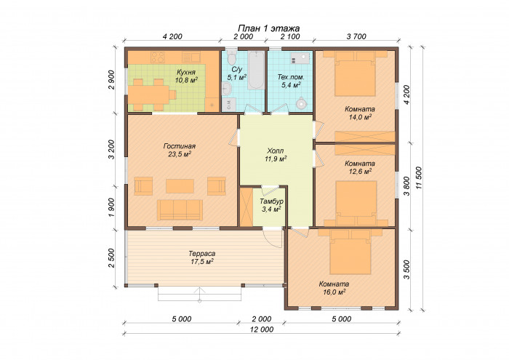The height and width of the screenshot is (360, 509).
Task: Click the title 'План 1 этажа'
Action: pyautogui.click(x=269, y=28)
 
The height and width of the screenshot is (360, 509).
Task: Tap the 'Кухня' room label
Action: pyautogui.click(x=186, y=72)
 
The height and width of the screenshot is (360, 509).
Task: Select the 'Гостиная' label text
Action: pyautogui.click(x=180, y=146)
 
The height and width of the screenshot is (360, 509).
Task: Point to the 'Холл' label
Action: pyautogui.click(x=276, y=151)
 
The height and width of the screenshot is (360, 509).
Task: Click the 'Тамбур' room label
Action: pyautogui.click(x=271, y=201)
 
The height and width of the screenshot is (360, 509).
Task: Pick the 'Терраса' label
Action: pyautogui.click(x=202, y=254)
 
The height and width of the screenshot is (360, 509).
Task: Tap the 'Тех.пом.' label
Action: pyautogui.click(x=291, y=77)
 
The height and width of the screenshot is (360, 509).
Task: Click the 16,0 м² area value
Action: pyautogui.click(x=334, y=292)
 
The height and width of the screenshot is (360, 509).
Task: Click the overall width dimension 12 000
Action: pyautogui.click(x=262, y=329)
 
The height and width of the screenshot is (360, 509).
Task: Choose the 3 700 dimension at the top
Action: pyautogui.click(x=356, y=36)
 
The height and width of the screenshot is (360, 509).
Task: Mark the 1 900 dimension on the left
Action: pyautogui.click(x=111, y=208)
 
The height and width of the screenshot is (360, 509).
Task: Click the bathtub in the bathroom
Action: pyautogui.click(x=256, y=70)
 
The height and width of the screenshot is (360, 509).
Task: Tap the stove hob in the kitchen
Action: pyautogui.click(x=158, y=57)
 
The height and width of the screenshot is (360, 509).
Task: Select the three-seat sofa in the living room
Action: pyautogui.click(x=180, y=209)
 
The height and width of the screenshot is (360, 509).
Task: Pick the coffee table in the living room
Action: pyautogui.click(x=180, y=186)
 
